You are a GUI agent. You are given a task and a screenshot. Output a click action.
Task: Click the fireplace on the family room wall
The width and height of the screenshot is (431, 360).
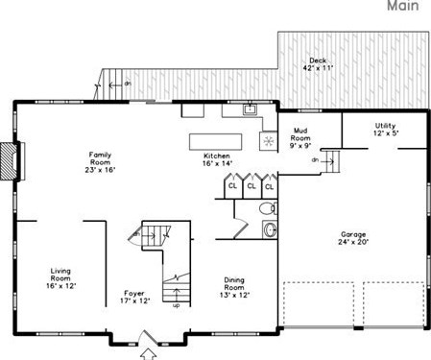point(9,159)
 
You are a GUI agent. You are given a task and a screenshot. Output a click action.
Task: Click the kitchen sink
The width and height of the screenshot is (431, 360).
point(250,109)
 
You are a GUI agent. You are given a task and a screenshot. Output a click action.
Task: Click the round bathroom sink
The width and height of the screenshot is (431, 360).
point(269,228)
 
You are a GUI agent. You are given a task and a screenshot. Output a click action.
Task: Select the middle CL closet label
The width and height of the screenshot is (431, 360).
point(251,186)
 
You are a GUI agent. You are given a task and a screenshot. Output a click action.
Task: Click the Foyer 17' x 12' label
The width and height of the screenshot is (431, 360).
point(135,298)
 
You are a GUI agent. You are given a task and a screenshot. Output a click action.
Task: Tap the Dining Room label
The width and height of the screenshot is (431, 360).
point(234,285)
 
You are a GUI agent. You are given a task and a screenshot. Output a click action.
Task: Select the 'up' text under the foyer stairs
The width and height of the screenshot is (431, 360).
point(175,306)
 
